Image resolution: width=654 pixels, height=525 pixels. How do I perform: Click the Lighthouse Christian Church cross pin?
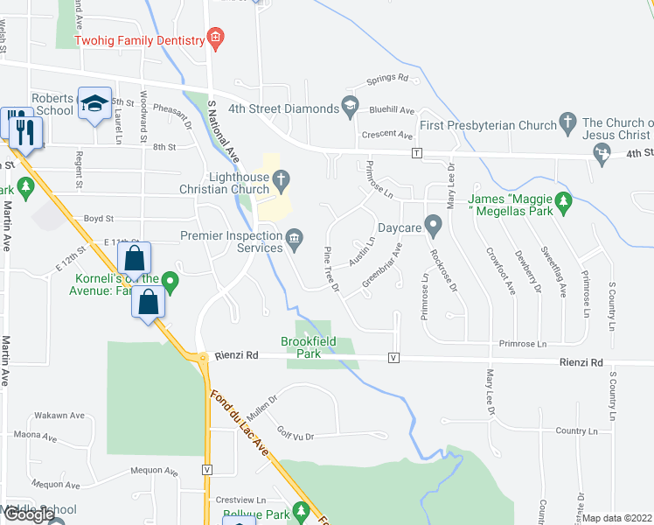tap(281, 182)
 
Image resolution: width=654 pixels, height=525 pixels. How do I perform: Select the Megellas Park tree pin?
tap(564, 204)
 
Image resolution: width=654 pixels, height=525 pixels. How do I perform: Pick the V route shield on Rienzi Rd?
tap(393, 359)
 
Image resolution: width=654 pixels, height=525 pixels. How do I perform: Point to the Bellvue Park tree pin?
tap(303, 509)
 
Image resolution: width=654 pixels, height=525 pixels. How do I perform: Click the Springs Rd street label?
tap(387, 77)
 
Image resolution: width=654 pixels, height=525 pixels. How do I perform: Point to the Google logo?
tap(29, 514)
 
